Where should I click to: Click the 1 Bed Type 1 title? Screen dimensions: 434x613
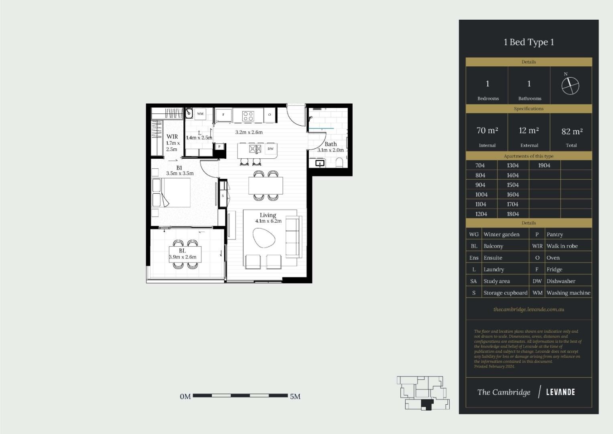pos(528,42)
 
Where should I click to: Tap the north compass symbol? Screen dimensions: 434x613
pos(570,86)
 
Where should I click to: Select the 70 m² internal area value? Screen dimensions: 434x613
pos(487,131)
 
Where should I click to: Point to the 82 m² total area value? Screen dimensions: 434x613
pos(572,131)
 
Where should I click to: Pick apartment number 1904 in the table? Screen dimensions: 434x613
pos(544,166)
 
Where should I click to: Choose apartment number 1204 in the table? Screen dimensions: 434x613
pos(481,214)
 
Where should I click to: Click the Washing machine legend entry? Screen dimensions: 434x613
pos(568,293)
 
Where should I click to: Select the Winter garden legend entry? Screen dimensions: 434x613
pos(501,235)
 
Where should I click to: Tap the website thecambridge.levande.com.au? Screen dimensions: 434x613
pos(528,309)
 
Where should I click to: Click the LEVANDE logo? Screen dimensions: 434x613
pos(560,392)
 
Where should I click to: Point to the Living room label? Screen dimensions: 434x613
pos(268,215)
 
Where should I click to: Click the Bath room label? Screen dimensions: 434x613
pos(331,144)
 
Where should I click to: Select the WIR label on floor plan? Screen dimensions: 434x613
pos(172,137)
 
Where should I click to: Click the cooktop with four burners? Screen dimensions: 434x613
pos(248,116)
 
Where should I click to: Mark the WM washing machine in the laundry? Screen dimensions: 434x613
pos(200,114)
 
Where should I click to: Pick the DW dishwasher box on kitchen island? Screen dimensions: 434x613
pos(270,149)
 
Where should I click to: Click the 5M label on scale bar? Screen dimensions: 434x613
pos(295,397)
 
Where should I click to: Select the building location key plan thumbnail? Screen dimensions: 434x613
pos(423,393)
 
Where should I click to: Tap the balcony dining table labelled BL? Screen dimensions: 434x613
pos(185,254)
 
